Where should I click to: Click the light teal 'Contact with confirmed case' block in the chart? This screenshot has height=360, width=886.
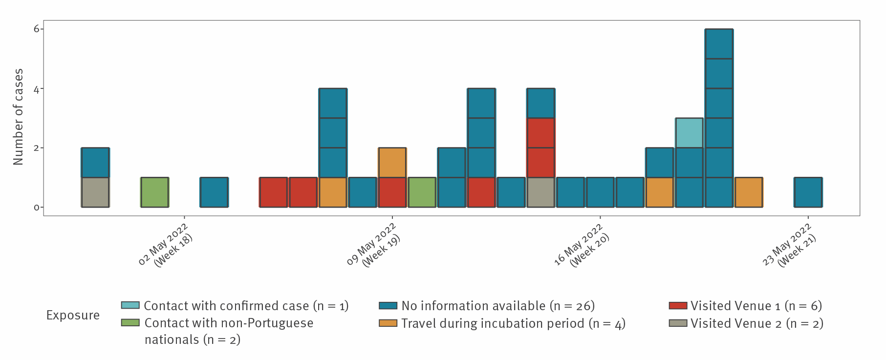[689, 133]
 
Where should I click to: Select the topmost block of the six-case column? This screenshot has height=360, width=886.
[719, 44]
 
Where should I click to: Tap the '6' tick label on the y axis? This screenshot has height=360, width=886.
[36, 29]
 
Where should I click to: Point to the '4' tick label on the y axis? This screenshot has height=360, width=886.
[36, 89]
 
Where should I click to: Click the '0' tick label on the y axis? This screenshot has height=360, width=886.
[36, 208]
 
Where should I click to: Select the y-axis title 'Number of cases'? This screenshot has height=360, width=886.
[18, 117]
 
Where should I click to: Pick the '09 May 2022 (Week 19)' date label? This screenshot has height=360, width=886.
[374, 246]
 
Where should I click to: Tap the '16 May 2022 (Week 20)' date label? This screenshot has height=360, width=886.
[582, 246]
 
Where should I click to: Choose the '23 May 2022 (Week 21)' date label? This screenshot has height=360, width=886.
[790, 246]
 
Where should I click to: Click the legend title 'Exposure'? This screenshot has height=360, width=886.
[73, 315]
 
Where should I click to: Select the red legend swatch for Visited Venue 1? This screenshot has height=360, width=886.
[678, 306]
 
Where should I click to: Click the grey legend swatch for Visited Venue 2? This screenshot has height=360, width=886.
[678, 323]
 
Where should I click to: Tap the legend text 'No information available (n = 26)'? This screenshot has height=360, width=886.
[498, 306]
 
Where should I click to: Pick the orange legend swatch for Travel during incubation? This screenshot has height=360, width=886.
[388, 323]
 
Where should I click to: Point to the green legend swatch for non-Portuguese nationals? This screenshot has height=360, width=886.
[130, 323]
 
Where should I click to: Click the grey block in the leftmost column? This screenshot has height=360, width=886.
[95, 192]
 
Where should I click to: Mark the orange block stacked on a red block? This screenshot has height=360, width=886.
[392, 163]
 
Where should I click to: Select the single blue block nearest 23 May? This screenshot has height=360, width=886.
[808, 192]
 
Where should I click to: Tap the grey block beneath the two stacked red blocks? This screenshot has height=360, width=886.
[541, 192]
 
